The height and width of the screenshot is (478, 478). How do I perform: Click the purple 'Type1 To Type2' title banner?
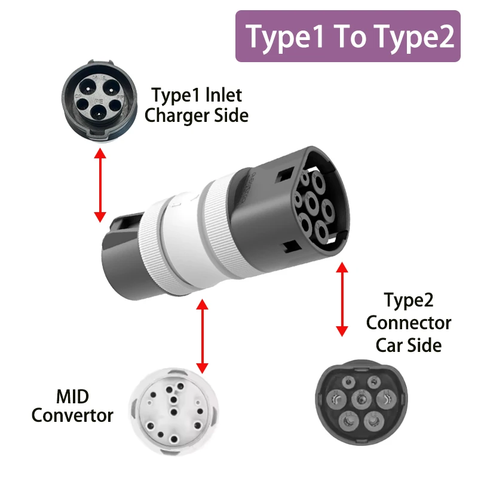point(348,36)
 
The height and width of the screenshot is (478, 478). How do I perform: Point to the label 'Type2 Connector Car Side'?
point(409,323)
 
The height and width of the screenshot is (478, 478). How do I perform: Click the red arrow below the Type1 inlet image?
point(100,186)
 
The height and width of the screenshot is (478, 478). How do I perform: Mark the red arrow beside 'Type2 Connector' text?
point(342,299)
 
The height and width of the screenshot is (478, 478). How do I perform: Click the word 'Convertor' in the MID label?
point(72,415)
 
